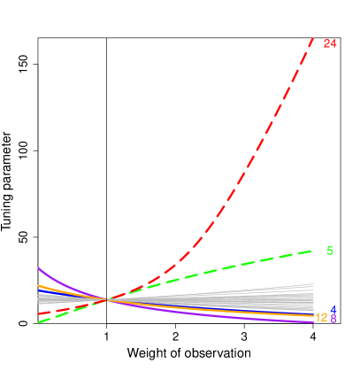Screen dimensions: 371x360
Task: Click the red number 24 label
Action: pyautogui.click(x=330, y=43)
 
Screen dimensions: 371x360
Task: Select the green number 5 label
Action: pyautogui.click(x=330, y=251)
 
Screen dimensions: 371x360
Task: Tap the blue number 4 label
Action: pyautogui.click(x=333, y=310)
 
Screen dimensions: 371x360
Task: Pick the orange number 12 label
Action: pyautogui.click(x=322, y=317)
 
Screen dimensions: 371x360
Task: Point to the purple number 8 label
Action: pyautogui.click(x=333, y=319)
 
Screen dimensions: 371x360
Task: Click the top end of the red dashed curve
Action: pyautogui.click(x=314, y=36)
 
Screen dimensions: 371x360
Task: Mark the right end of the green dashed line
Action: pyautogui.click(x=314, y=251)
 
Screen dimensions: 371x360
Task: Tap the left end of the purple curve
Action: pyautogui.click(x=38, y=267)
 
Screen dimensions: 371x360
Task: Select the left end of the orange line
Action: pyautogui.click(x=38, y=285)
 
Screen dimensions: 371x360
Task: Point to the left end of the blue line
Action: pyautogui.click(x=38, y=293)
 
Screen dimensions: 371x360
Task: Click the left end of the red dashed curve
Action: pyautogui.click(x=38, y=313)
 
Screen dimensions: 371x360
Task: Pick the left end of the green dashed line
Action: pyautogui.click(x=38, y=322)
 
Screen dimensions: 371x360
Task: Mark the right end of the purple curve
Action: pyautogui.click(x=314, y=322)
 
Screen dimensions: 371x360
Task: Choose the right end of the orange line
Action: pyautogui.click(x=314, y=315)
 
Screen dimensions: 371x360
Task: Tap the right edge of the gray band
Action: pyautogui.click(x=313, y=297)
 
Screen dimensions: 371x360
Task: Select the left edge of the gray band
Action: pyautogui.click(x=39, y=299)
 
